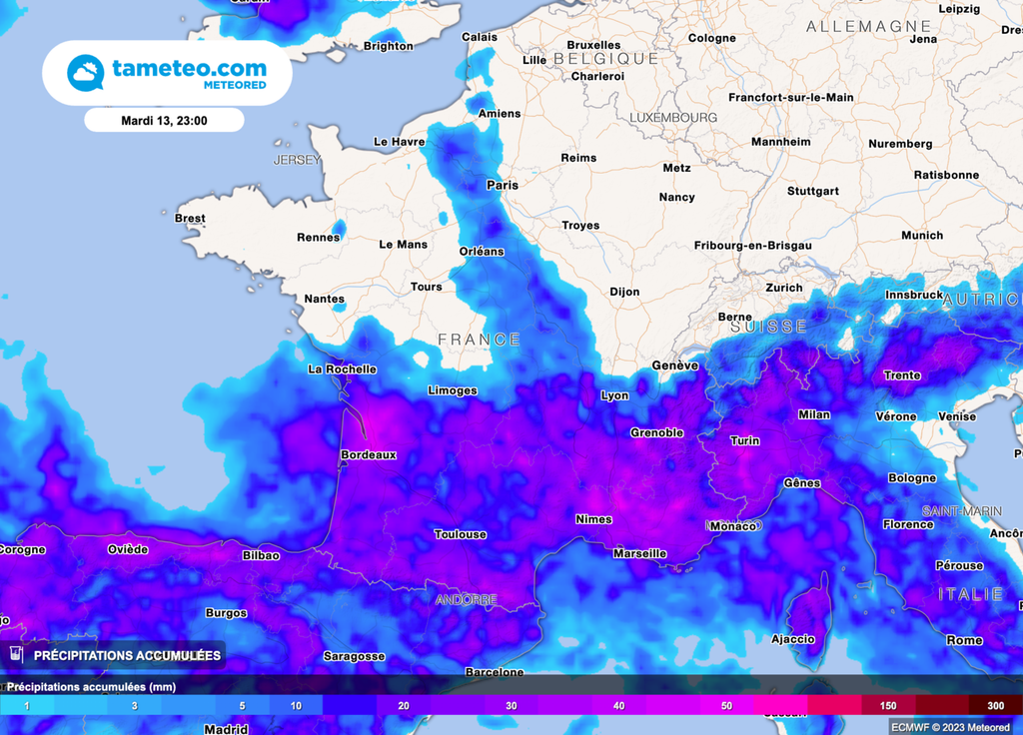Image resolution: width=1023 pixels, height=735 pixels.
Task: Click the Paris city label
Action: point(502,185)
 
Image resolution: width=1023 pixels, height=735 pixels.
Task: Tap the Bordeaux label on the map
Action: point(369,454)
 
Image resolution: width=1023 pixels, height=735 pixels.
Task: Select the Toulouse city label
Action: point(461,534)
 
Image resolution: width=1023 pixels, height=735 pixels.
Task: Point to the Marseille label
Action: point(639,553)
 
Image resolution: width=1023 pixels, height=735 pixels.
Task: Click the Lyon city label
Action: point(614,395)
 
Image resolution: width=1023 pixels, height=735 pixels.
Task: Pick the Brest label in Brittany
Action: point(190,218)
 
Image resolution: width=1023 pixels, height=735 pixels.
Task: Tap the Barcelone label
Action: point(495,672)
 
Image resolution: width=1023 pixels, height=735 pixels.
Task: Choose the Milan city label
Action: point(814,414)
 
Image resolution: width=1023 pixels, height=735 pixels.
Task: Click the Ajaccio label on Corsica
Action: point(793,639)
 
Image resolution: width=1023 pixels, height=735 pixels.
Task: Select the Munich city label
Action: point(921,236)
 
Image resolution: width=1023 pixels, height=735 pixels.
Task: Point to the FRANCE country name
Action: point(480,340)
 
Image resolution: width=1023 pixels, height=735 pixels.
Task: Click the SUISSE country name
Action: point(768,327)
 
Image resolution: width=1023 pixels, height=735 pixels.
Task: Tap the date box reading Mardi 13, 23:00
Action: point(164,120)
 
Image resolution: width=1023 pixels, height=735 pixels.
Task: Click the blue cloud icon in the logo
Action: point(85,73)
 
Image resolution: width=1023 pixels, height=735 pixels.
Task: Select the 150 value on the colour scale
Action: point(887,706)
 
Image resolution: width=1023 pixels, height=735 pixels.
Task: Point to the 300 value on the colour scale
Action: point(995,706)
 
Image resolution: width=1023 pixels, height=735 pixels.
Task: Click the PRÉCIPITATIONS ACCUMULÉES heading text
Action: point(127,655)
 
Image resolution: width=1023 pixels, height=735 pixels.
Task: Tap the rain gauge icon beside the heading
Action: point(16,654)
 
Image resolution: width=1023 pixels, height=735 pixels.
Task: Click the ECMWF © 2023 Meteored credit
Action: point(950,726)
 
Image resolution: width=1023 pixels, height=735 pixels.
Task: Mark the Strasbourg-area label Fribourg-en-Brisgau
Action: point(752,246)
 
